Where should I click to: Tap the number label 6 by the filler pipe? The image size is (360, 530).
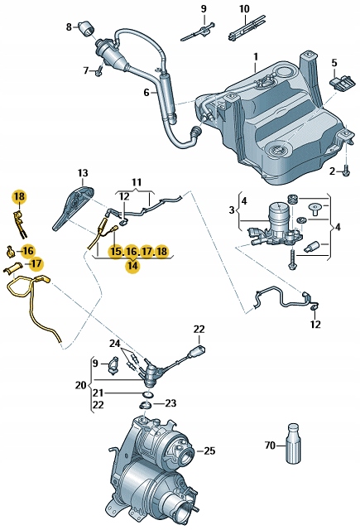click(146, 93)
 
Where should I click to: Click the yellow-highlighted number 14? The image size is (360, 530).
click(132, 266)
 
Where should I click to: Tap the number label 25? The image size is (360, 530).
click(209, 450)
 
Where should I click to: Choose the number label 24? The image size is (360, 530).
click(114, 344)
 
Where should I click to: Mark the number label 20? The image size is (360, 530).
click(80, 385)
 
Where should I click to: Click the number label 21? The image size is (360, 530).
click(98, 393)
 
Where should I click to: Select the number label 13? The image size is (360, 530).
click(82, 173)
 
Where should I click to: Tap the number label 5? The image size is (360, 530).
click(334, 61)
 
